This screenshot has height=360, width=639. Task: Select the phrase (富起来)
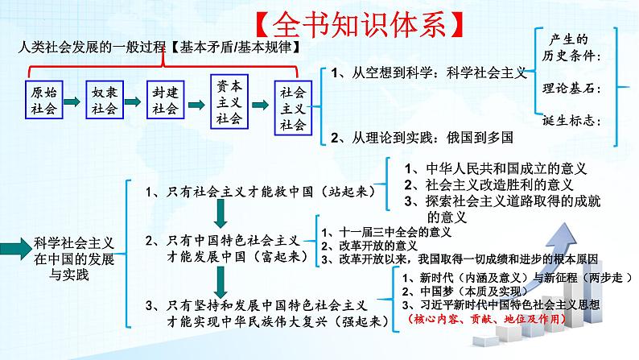(270, 258)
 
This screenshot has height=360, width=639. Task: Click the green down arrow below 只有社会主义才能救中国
(219, 214)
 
